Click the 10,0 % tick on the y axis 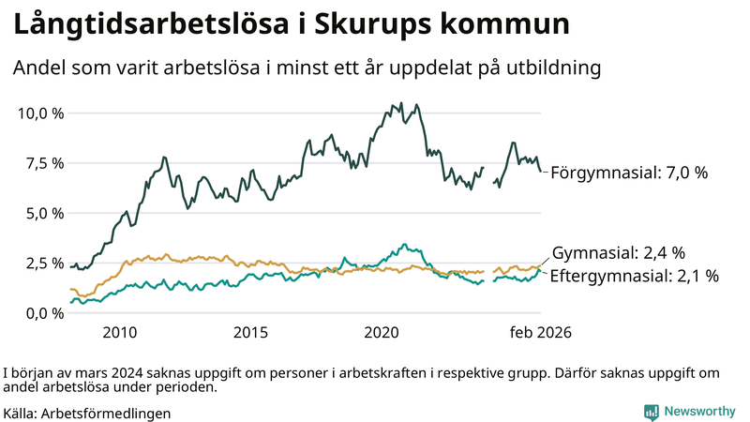[41, 113]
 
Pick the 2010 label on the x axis [120, 332]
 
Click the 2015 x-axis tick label [251, 332]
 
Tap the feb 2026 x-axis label [541, 332]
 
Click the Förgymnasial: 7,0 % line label [628, 173]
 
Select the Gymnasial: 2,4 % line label [619, 252]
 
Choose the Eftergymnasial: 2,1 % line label [634, 276]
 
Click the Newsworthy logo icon [651, 411]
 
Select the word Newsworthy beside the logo [699, 411]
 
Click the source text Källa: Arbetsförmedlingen [87, 413]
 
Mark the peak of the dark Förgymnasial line [401, 103]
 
